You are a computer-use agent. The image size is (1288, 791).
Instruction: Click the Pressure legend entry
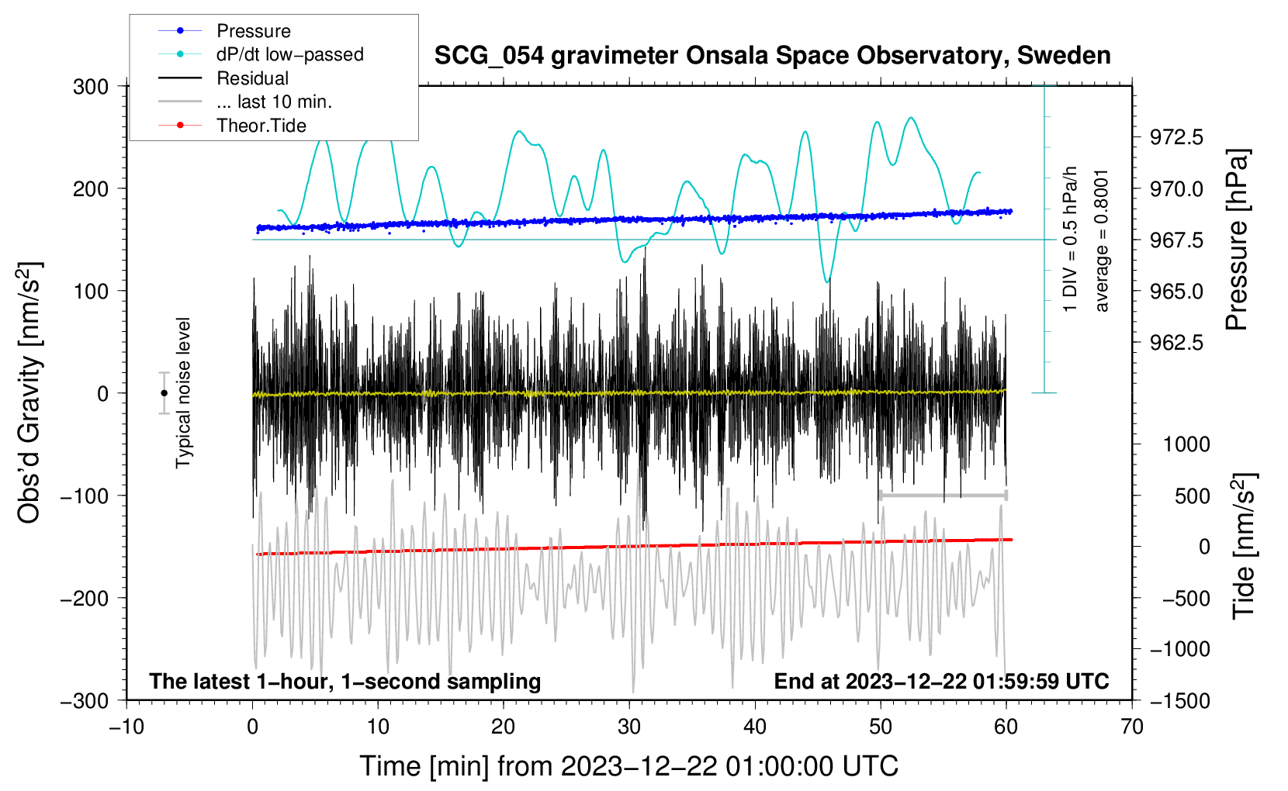tap(253, 31)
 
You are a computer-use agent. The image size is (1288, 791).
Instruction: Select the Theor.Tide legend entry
tap(261, 126)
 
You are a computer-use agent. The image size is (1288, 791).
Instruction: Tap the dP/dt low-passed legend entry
tap(289, 54)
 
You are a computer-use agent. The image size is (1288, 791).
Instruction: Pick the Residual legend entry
tap(252, 78)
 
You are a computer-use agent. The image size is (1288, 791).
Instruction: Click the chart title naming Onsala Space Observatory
tap(772, 56)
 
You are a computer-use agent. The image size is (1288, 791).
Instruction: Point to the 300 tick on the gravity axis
tap(91, 86)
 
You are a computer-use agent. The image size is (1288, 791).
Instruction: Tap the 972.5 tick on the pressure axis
tap(1176, 137)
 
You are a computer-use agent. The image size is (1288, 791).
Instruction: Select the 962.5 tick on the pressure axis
tap(1176, 342)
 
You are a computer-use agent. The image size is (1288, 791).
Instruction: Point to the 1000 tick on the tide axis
tap(1186, 444)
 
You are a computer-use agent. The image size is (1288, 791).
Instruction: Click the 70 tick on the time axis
tap(1132, 727)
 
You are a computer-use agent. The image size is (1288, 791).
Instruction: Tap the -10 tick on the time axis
tap(126, 727)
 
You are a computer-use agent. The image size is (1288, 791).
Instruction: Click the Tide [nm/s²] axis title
tap(1243, 546)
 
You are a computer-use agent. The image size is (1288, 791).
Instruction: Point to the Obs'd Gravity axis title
tap(29, 392)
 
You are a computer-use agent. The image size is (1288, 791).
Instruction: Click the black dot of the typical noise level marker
tap(164, 393)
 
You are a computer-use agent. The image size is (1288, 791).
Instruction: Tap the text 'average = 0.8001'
tap(1102, 240)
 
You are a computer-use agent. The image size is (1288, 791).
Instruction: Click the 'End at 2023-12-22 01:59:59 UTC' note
tap(941, 681)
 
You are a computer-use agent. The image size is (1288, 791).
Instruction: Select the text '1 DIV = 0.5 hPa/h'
tap(1071, 239)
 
